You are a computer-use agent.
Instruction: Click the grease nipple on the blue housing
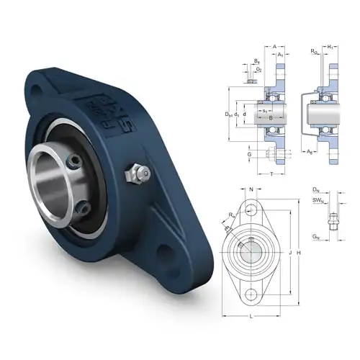135,174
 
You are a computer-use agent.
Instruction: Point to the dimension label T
271,175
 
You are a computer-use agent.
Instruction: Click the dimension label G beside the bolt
248,153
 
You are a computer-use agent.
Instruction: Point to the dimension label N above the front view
250,190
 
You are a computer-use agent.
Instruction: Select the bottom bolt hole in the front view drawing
250,294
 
